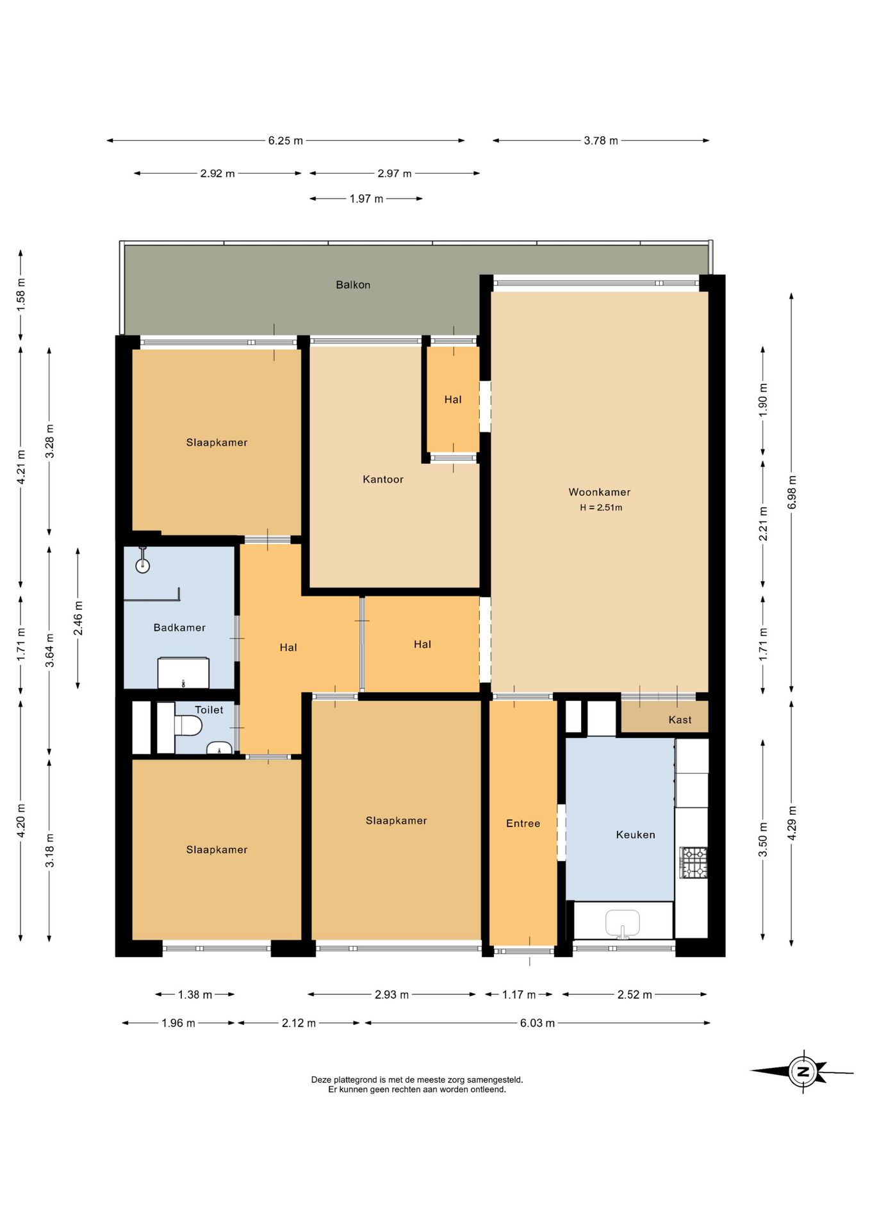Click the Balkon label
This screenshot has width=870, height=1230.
click(353, 285)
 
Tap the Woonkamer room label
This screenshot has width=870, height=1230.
click(600, 492)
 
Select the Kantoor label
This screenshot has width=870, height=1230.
click(383, 479)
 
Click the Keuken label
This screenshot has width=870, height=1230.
click(636, 835)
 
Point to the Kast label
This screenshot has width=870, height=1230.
click(680, 720)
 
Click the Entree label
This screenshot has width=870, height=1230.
click(523, 824)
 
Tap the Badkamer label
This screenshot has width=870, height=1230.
click(179, 628)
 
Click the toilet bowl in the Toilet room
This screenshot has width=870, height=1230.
click(188, 726)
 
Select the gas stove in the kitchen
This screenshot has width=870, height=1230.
click(693, 862)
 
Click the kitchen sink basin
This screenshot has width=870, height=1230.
click(623, 923)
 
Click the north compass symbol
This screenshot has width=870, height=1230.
click(803, 1071)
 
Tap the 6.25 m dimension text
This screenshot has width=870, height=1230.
click(285, 141)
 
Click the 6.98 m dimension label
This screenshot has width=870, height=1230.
click(792, 493)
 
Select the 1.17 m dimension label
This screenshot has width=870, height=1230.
click(518, 995)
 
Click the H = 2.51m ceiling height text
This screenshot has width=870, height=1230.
click(601, 507)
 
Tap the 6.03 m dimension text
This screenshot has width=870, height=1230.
click(537, 1024)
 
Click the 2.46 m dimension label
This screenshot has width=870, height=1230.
click(78, 618)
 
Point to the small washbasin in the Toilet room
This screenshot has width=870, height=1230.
click(220, 748)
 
